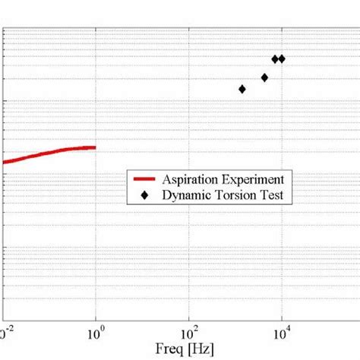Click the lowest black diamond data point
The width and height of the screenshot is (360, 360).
pyautogui.click(x=242, y=89)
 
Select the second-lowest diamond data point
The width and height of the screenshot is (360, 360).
pyautogui.click(x=264, y=77)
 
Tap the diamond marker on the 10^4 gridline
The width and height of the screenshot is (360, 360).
pyautogui.click(x=282, y=58)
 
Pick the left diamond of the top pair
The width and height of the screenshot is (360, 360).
pyautogui.click(x=275, y=58)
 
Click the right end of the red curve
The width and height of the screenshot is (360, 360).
pyautogui.click(x=95, y=147)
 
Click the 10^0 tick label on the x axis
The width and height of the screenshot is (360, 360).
pyautogui.click(x=95, y=332)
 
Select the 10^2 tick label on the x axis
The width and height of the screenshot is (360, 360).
pyautogui.click(x=188, y=332)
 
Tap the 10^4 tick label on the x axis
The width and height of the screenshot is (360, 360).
pyautogui.click(x=281, y=332)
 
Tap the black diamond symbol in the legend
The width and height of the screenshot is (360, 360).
pyautogui.click(x=144, y=194)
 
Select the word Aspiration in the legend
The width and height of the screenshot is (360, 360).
pyautogui.click(x=191, y=179)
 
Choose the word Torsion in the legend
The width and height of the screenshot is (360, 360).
pyautogui.click(x=233, y=194)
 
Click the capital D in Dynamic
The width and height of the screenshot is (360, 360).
pyautogui.click(x=166, y=194)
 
